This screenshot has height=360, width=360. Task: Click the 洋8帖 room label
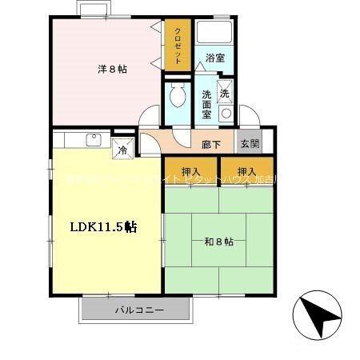click(x=112, y=69)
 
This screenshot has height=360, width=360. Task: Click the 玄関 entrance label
click(x=249, y=144)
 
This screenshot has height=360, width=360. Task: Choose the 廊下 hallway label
click(x=211, y=144)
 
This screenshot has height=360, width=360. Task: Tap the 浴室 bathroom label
click(x=214, y=58)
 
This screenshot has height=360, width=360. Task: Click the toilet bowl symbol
click(x=176, y=98)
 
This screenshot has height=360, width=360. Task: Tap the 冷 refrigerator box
click(x=123, y=148)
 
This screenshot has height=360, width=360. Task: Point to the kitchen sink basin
click(x=93, y=141)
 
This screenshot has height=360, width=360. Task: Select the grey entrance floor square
click(x=249, y=144)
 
